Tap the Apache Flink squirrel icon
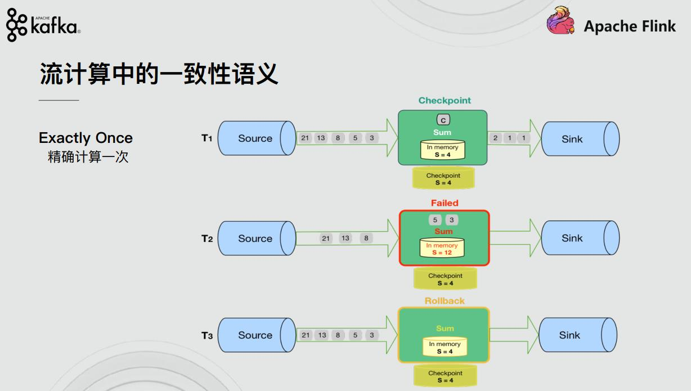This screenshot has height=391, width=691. point(560,23)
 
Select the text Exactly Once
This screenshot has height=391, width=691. point(86,138)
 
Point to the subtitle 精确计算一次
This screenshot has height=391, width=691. point(88,157)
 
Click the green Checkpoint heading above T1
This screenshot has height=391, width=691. point(445,101)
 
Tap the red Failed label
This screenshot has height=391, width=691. point(445,203)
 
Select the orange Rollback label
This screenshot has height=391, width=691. point(445,301)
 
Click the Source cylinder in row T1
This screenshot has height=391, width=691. point(256,138)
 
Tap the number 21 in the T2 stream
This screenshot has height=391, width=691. point(326,238)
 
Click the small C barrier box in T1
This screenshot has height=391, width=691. point(443,120)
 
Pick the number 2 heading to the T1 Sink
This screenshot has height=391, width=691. point(495,138)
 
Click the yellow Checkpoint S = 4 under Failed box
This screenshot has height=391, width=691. point(445,279)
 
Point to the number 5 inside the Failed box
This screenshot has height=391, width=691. point(434,220)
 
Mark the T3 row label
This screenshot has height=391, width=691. point(207,336)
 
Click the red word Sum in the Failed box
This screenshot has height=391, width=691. point(443,231)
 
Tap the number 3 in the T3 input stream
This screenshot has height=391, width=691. point(371,335)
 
